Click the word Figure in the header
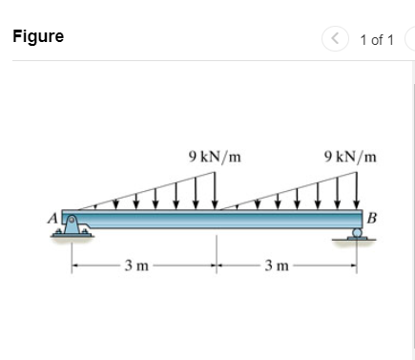38,37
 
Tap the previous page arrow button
336,39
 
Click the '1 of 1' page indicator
377,39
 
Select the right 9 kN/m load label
350,155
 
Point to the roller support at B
357,235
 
